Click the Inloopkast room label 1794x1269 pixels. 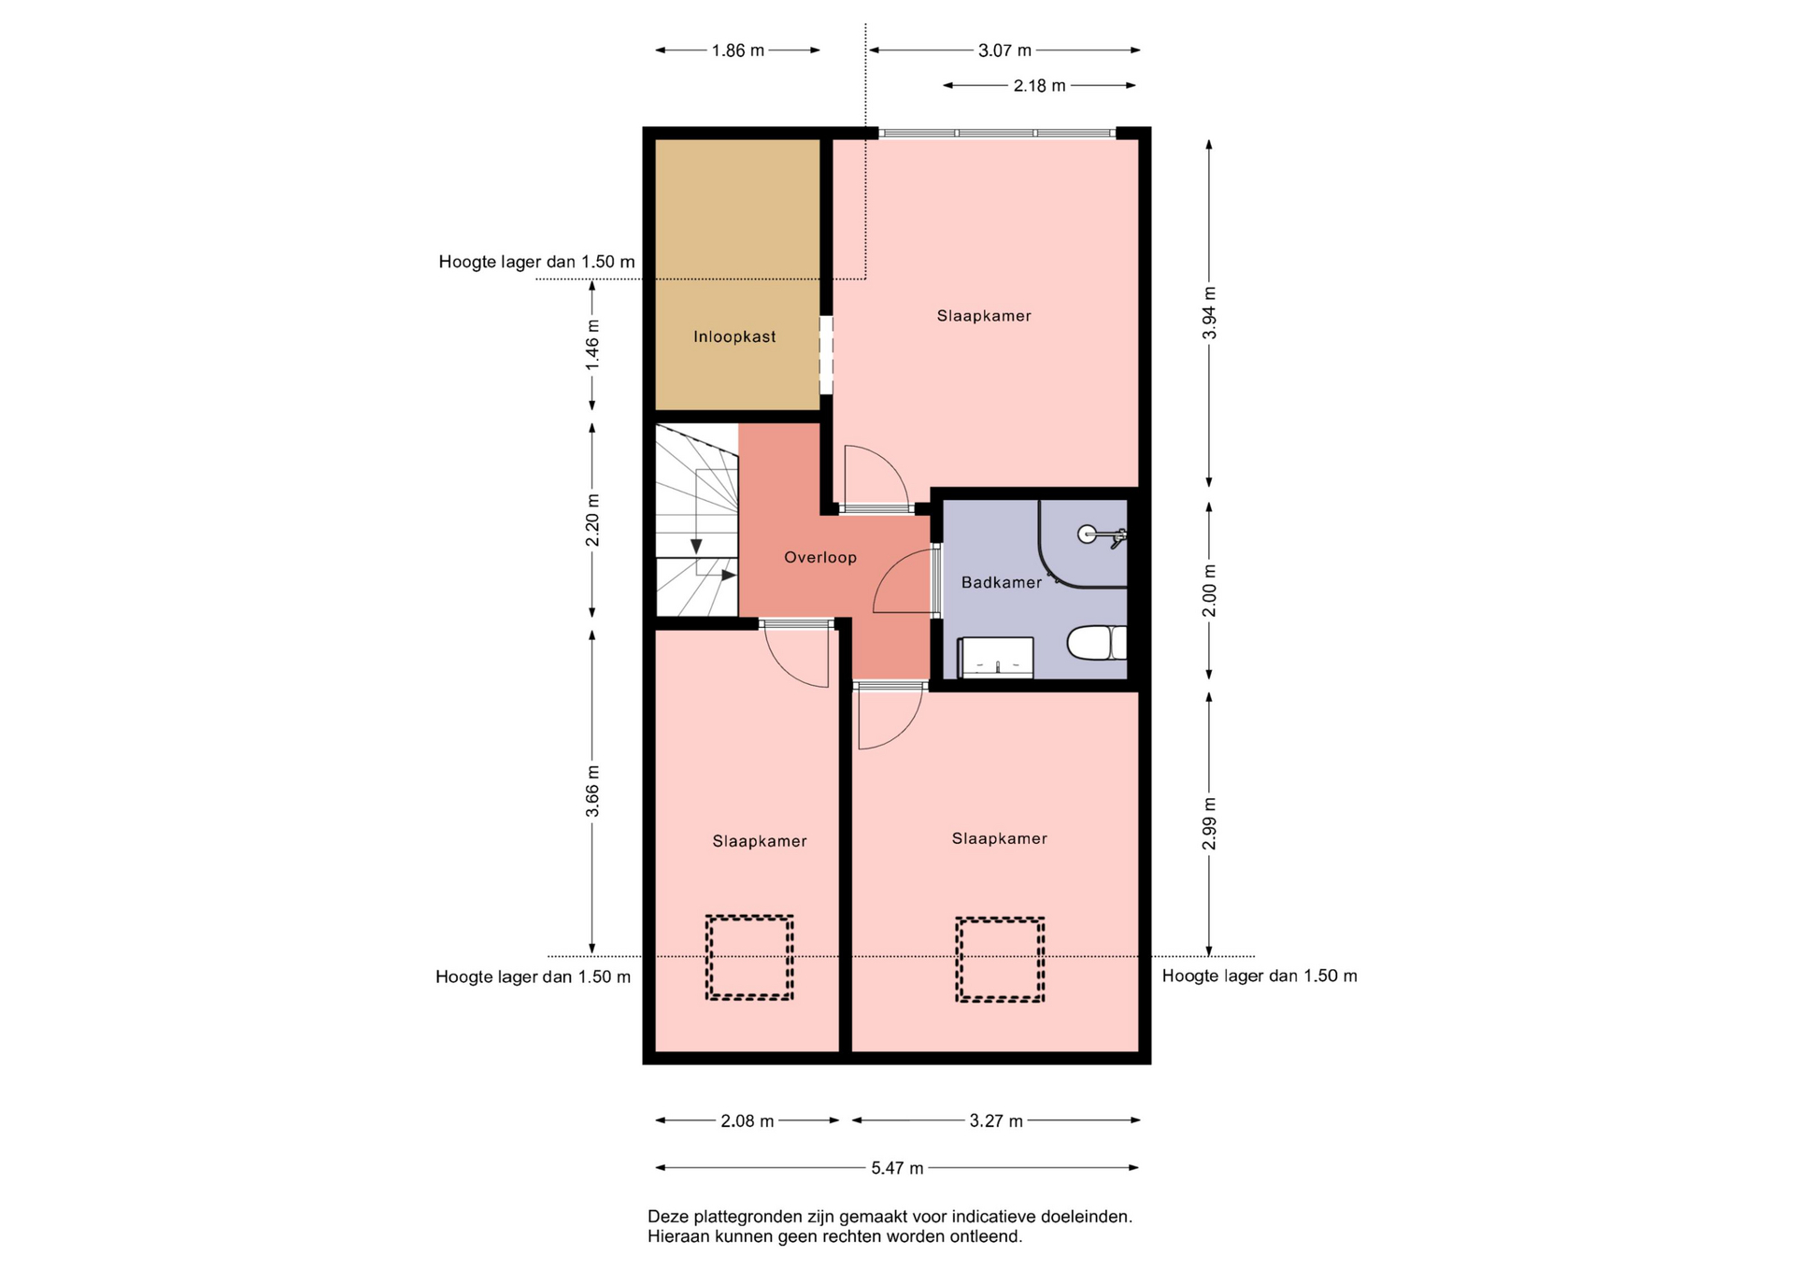click(x=734, y=336)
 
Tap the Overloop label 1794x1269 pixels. click(x=820, y=558)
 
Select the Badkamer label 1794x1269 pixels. click(x=1002, y=582)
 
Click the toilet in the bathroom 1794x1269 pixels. click(x=1097, y=643)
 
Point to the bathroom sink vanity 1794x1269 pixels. click(x=996, y=657)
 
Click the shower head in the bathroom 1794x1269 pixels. click(x=1101, y=535)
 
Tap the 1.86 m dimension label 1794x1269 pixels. click(x=738, y=50)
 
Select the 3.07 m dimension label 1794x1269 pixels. click(x=1004, y=50)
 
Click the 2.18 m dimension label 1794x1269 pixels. click(x=1039, y=86)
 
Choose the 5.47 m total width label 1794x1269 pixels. click(x=897, y=1168)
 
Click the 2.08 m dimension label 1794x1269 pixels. click(x=747, y=1121)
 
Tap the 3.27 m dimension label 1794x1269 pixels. click(x=996, y=1121)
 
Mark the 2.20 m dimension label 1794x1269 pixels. click(x=592, y=520)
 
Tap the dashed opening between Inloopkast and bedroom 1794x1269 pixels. click(x=826, y=356)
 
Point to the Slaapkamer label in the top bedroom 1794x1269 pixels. click(x=984, y=316)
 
